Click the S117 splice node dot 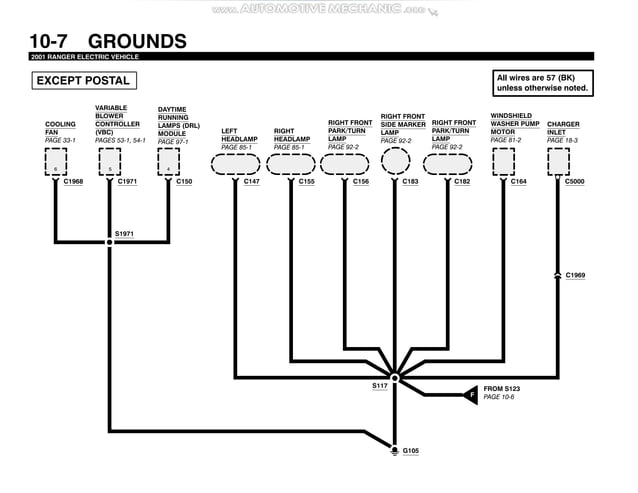coord(395,378)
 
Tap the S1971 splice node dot coord(110,242)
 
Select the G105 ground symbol coord(395,451)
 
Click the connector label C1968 coord(73,182)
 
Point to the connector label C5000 coord(575,182)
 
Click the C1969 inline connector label coord(575,274)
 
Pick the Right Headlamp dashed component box coord(291,163)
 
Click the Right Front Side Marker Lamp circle coord(394,162)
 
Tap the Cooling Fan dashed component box coord(56,162)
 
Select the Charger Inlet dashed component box coord(557,162)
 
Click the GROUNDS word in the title coord(137,41)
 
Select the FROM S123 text coord(502,388)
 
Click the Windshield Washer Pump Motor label coord(514,128)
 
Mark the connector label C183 coord(410,182)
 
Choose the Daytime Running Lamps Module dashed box coord(168,162)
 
